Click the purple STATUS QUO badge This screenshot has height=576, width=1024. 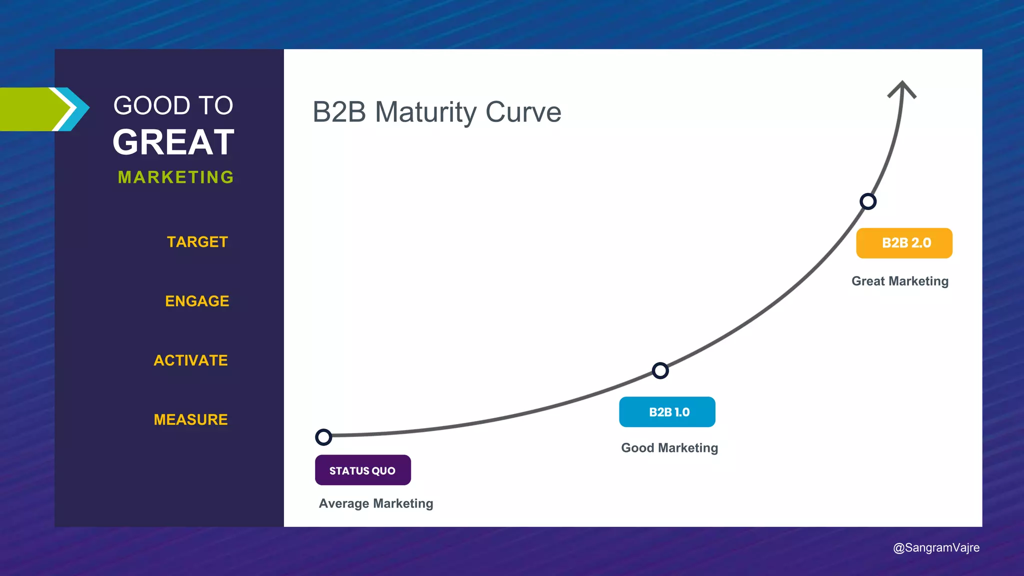363,470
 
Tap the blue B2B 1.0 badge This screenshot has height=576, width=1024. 667,412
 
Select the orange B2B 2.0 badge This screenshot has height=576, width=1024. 904,243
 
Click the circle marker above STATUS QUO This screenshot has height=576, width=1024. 323,437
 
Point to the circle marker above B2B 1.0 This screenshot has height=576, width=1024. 660,370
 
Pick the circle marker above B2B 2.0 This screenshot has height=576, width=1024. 867,201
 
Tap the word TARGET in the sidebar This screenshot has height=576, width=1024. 197,242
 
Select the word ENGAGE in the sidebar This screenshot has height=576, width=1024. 197,301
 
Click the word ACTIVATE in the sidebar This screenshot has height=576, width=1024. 190,360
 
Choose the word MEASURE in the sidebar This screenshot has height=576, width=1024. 190,419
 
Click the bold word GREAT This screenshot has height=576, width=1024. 173,142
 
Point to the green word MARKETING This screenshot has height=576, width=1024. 176,177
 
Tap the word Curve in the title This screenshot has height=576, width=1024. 523,112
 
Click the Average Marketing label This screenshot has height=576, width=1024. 376,503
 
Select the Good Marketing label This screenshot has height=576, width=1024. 669,448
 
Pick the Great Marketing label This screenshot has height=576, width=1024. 899,281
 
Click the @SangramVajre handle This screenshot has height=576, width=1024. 936,547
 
